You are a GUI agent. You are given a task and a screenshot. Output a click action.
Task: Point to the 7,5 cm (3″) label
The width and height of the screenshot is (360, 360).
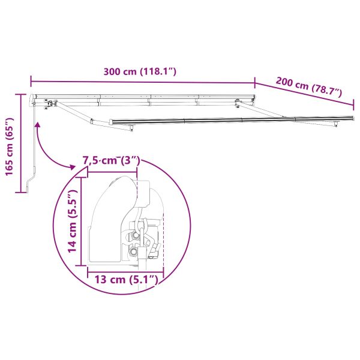click(111, 161)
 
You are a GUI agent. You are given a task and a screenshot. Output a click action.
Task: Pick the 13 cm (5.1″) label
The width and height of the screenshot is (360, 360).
click(125, 279)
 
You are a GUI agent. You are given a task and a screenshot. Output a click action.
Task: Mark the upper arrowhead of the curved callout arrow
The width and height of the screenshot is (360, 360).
click(38, 125)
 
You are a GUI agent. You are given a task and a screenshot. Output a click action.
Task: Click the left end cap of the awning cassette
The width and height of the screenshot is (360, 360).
click(34, 98)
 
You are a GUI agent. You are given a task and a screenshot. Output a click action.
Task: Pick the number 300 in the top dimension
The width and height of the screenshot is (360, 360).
click(112, 72)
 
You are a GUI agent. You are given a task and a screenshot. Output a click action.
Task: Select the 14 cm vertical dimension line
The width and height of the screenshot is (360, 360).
click(83, 220)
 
